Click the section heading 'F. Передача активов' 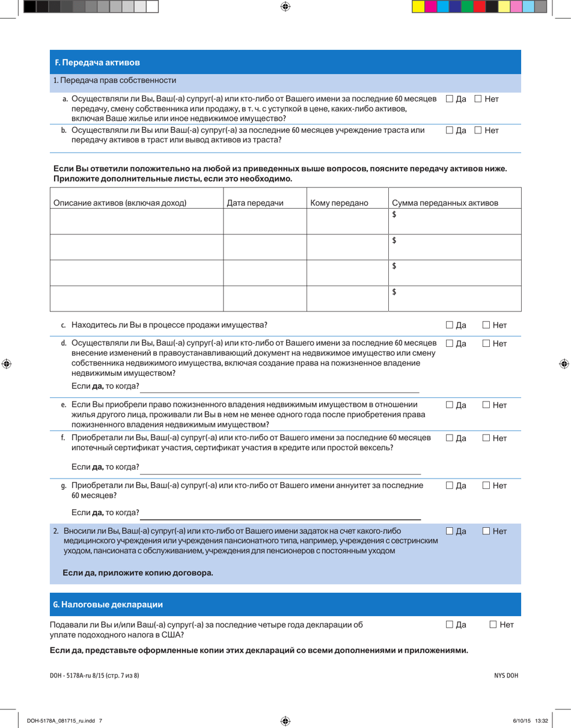(98, 63)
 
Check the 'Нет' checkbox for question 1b (478, 130)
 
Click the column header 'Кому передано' (338, 203)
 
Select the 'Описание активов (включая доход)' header (120, 203)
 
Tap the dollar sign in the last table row (394, 292)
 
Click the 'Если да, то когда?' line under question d (279, 385)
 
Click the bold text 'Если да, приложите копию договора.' (138, 573)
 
